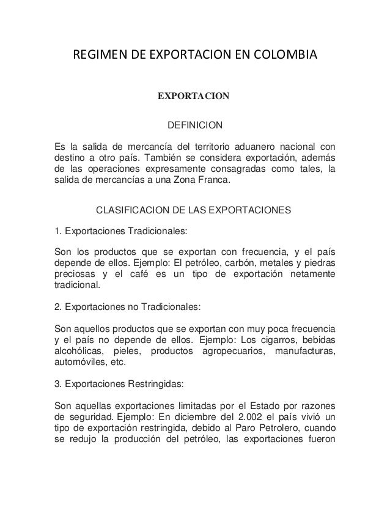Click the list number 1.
tap(58, 231)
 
